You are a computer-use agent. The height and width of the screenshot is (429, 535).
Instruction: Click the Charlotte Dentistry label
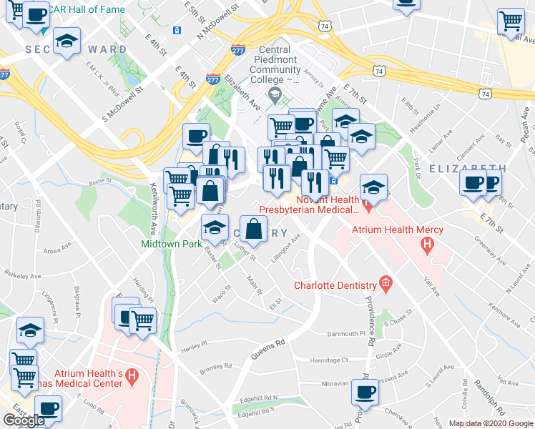pyautogui.click(x=335, y=285)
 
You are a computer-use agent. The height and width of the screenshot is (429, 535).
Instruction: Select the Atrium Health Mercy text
pyautogui.click(x=397, y=230)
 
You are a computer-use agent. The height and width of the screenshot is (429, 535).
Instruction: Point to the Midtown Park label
pyautogui.click(x=170, y=244)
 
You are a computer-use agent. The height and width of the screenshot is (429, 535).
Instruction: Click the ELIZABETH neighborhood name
pyautogui.click(x=467, y=168)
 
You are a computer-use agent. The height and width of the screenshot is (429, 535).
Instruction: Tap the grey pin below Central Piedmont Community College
pyautogui.click(x=274, y=95)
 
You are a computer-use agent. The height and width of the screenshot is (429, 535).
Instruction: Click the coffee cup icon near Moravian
pyautogui.click(x=365, y=393)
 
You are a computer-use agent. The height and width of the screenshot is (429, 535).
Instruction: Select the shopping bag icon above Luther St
pyautogui.click(x=254, y=229)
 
